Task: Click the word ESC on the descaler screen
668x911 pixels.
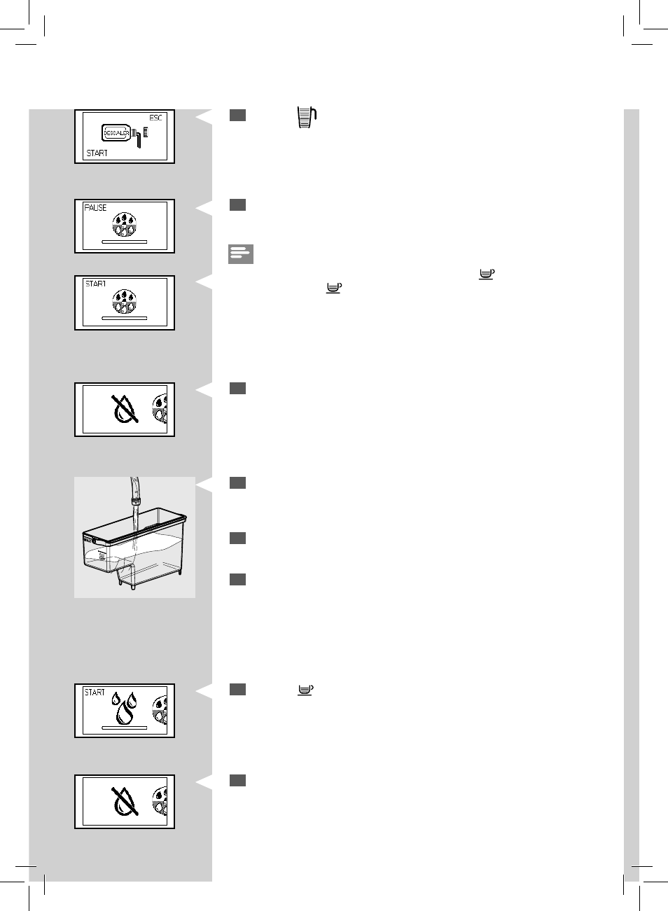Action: point(155,118)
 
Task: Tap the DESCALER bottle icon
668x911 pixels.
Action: point(116,133)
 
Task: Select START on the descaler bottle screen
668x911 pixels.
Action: point(97,153)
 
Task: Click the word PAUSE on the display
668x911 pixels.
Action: point(95,208)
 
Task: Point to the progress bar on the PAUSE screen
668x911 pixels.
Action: point(125,242)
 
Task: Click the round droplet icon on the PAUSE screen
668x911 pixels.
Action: point(125,224)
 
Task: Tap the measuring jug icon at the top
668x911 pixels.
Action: point(307,118)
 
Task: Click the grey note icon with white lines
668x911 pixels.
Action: point(241,254)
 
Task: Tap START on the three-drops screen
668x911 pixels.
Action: point(95,693)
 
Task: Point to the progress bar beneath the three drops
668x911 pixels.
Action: point(125,728)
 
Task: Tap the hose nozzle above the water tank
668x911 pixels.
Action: point(135,490)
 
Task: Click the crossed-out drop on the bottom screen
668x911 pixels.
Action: point(125,801)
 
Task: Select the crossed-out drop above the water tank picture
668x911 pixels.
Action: point(125,409)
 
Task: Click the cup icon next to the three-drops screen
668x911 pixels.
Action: point(305,690)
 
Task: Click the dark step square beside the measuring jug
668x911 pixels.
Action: point(238,116)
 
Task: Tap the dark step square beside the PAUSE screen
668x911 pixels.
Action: point(238,205)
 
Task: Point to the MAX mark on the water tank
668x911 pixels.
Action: point(88,541)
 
